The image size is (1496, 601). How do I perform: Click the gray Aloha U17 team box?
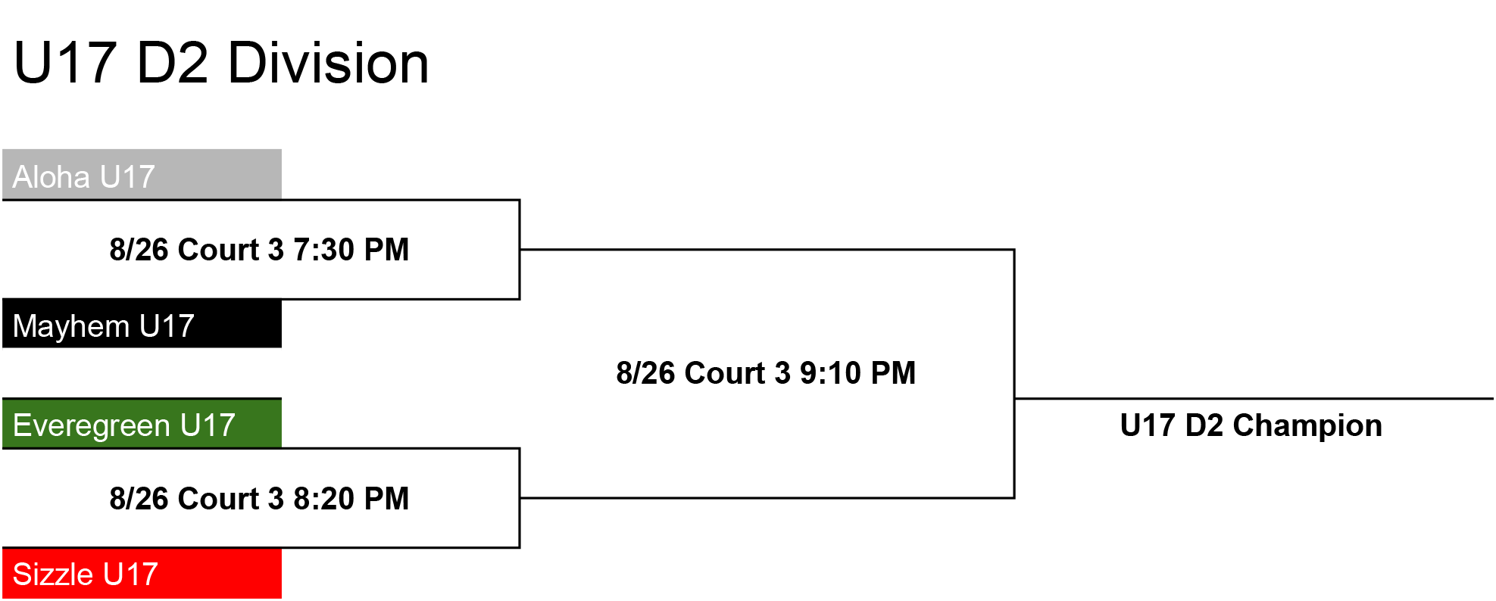(142, 174)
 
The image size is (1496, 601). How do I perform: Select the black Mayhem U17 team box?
(142, 323)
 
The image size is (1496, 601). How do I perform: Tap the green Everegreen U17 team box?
(142, 423)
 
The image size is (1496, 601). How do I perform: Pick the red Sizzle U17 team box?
(142, 573)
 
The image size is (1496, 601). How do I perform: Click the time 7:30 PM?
(351, 250)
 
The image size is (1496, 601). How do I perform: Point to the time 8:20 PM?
(351, 499)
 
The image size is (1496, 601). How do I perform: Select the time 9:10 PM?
(857, 373)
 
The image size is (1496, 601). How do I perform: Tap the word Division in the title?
(328, 63)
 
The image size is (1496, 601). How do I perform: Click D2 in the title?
(173, 63)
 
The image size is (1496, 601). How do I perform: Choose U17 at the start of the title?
(65, 63)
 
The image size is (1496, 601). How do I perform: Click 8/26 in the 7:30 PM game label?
(139, 250)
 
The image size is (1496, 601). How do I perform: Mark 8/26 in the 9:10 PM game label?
(646, 373)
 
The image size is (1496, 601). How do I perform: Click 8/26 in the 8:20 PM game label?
(139, 499)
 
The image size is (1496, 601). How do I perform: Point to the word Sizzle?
(54, 575)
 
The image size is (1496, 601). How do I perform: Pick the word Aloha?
(52, 177)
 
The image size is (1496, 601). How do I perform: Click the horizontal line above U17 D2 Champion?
(1254, 398)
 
